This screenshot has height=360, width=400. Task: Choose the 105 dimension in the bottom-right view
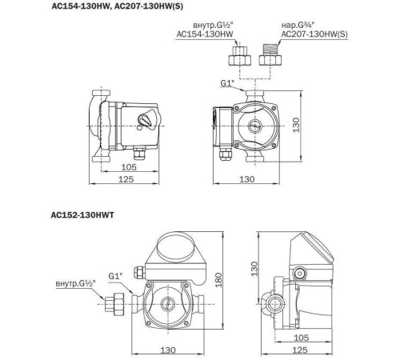coord(322,337)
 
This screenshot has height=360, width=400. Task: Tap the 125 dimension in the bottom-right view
coord(322,350)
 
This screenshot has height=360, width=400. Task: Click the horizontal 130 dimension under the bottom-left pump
coord(169,350)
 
